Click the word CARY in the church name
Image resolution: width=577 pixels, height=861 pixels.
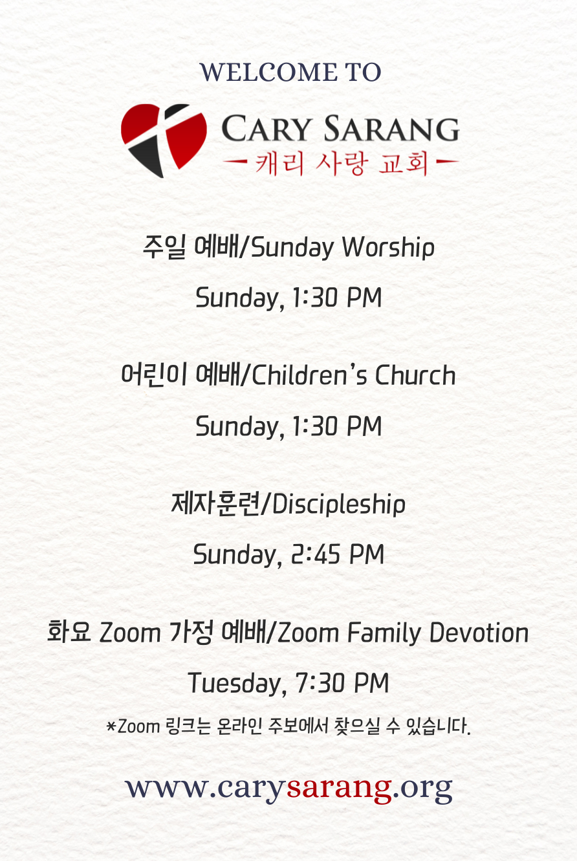coord(266,128)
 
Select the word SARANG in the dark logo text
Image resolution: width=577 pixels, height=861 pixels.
coord(391,128)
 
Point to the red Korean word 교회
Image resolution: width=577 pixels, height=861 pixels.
coord(404,163)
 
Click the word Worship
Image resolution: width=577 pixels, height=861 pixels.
coord(388,247)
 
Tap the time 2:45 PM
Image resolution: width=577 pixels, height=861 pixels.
coord(338,554)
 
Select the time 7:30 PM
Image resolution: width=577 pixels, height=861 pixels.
coord(342,683)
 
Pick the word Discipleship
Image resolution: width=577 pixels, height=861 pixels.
coord(339,505)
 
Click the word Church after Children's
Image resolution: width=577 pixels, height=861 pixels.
coord(415,375)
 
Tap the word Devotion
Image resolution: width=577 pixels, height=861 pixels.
coord(479,633)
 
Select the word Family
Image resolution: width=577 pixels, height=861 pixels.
coord(384,633)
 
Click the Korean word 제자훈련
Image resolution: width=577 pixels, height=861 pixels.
coord(215,503)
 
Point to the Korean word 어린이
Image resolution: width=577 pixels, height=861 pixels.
coord(154,374)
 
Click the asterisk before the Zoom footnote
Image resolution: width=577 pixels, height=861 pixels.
coord(111,726)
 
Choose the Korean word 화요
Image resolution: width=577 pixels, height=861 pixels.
coord(69,631)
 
